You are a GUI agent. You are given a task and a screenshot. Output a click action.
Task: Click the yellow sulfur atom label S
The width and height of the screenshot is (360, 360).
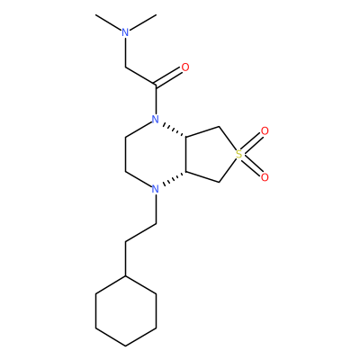(238, 155)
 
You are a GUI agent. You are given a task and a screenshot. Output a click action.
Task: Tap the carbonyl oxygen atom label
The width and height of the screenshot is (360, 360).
(185, 67)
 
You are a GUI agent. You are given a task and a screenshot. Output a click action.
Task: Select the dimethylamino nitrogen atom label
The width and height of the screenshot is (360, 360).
(125, 32)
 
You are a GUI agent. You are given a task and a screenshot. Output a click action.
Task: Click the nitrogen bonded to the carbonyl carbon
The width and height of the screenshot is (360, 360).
(155, 120)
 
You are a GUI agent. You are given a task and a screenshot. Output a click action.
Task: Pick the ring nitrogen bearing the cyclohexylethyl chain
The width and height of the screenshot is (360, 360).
(155, 189)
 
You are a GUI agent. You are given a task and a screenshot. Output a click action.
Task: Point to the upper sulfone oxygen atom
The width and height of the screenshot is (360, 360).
(265, 131)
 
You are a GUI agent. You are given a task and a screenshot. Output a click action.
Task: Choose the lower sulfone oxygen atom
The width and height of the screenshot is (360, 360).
(265, 177)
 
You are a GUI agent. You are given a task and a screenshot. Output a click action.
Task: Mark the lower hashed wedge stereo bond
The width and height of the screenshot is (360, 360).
(174, 178)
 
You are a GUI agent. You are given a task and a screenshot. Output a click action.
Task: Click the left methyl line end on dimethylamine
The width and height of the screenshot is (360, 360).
(96, 15)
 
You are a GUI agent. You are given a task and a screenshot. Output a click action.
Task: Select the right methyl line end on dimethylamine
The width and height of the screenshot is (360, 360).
(157, 15)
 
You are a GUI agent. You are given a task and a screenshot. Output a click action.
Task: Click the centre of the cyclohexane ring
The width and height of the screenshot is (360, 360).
(126, 310)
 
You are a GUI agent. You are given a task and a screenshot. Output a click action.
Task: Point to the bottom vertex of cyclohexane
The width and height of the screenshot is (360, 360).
(126, 346)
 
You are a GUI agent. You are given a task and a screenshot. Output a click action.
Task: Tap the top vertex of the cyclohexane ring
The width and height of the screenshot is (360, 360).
(126, 276)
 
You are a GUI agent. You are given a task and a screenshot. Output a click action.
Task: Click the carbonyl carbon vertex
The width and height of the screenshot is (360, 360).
(156, 85)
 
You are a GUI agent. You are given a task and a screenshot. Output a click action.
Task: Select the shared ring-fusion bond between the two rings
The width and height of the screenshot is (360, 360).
(186, 154)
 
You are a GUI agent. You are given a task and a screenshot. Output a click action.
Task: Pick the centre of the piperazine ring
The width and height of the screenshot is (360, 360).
(156, 154)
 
